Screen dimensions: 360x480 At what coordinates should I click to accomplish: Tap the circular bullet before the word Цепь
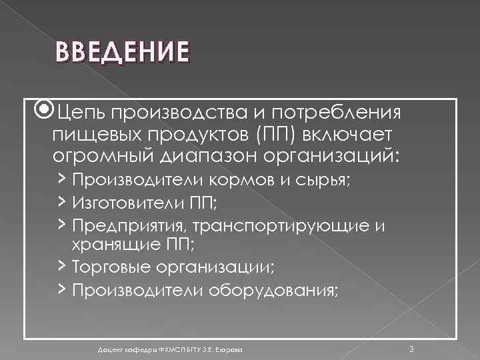tap(45, 109)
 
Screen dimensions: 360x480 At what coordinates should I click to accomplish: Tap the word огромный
tap(103, 158)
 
